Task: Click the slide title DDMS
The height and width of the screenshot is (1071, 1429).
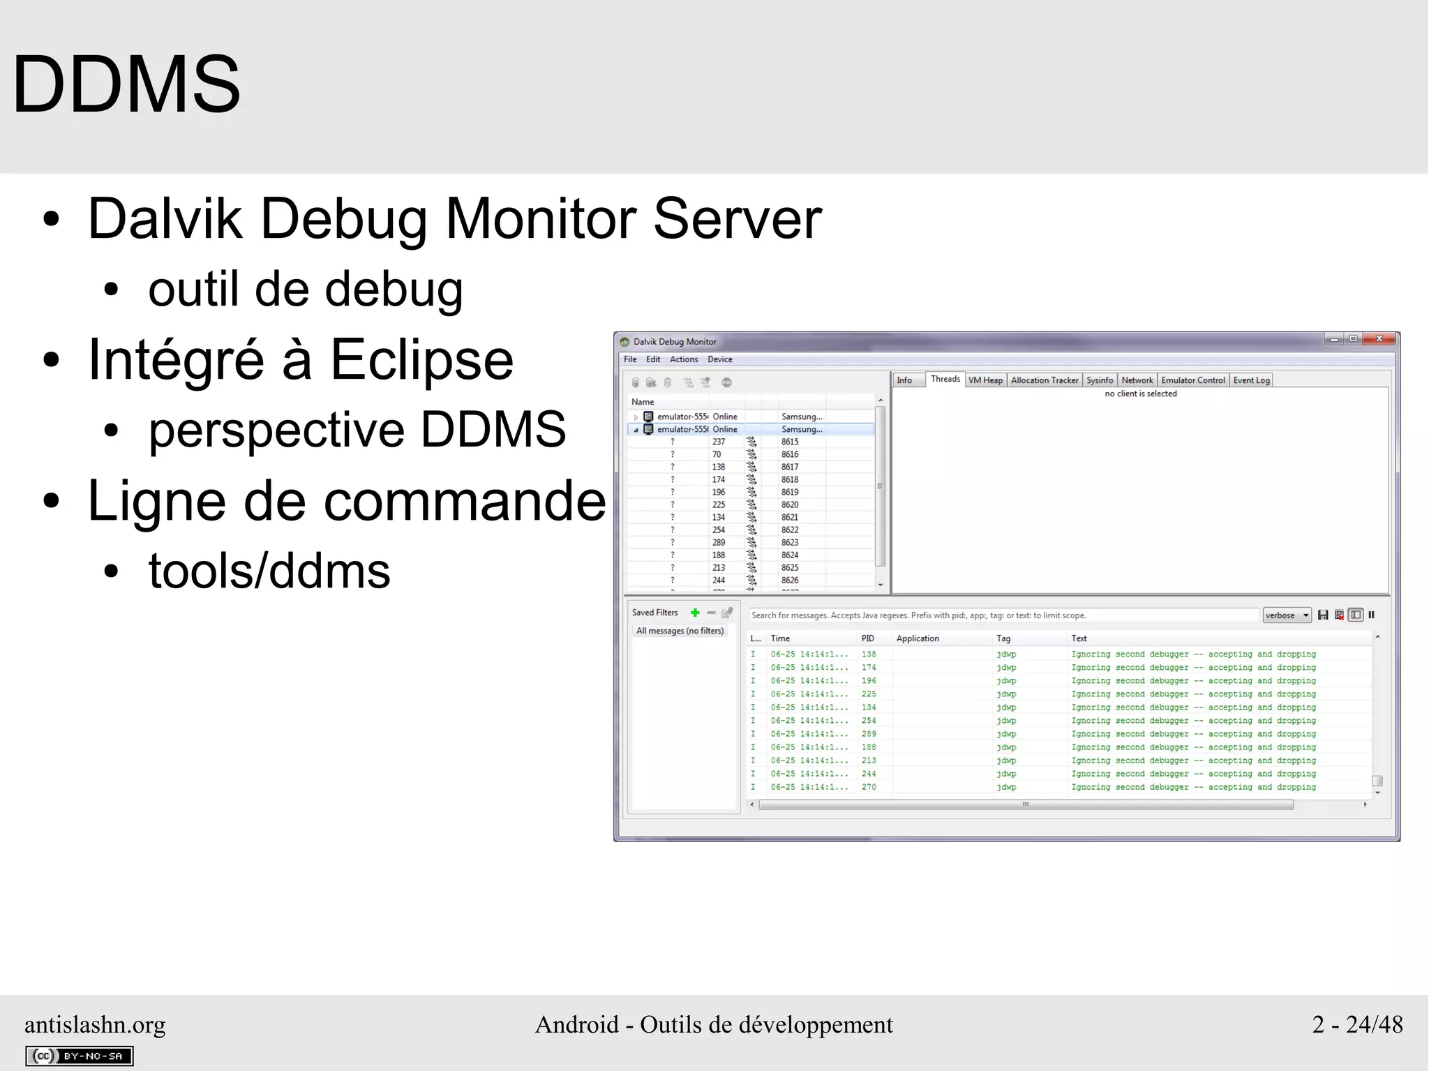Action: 126,84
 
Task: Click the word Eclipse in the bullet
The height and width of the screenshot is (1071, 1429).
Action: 421,360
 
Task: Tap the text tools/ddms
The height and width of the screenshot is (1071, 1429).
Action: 269,571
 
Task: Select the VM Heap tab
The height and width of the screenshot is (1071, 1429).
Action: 985,380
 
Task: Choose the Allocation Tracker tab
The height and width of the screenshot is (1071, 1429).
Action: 1045,380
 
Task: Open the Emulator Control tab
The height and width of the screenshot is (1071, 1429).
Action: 1192,380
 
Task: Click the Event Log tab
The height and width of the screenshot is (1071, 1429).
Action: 1251,380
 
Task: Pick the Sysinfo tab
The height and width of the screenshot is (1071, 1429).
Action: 1100,380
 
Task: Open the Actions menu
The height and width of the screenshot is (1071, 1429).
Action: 684,359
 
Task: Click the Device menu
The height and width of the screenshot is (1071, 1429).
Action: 720,359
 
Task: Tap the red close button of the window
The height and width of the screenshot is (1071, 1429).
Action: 1379,339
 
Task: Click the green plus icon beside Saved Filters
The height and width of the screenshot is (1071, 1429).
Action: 695,613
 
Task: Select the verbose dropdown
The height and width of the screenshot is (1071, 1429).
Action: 1287,615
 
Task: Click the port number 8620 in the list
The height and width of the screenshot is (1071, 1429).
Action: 790,504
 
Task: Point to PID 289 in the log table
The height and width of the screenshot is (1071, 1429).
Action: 869,734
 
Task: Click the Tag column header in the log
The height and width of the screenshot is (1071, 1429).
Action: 1003,638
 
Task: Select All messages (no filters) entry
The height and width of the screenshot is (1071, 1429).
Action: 680,631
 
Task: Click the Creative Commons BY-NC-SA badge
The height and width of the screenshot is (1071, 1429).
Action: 79,1056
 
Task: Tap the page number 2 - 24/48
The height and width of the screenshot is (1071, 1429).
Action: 1357,1024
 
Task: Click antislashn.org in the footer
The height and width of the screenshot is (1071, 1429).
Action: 95,1024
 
